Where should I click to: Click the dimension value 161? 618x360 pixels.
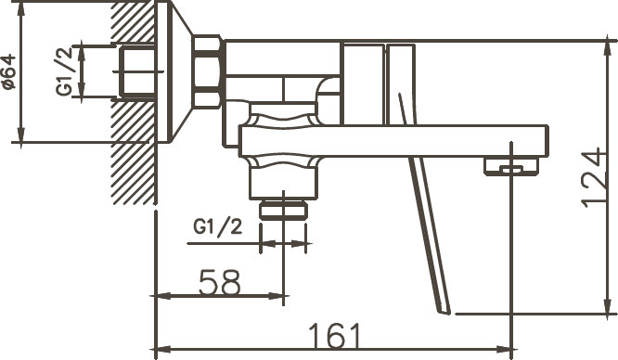pos(335,336)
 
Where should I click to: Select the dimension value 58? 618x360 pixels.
pos(219,282)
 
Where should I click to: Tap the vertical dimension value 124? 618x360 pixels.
pos(593,177)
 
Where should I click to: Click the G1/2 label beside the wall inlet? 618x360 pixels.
pos(65,71)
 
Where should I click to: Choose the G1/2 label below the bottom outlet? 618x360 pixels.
pos(217,227)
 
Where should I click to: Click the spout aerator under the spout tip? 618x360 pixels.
pos(511,165)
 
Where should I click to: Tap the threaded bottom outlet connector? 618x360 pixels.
pos(283,210)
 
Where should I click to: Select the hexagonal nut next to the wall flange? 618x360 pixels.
pos(208,71)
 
